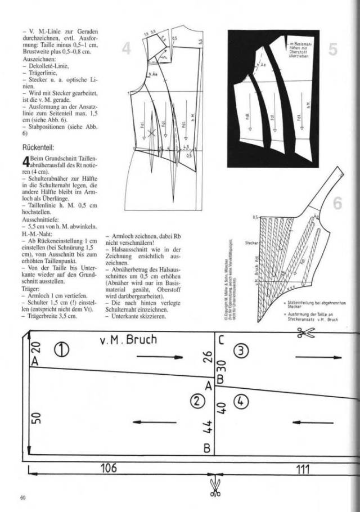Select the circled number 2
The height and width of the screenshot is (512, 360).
tap(196, 401)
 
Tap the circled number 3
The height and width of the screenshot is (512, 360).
tap(241, 350)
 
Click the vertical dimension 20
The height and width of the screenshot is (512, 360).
tap(34, 349)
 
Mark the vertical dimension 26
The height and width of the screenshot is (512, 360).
tap(208, 357)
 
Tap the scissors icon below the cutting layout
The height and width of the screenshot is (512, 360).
tap(214, 487)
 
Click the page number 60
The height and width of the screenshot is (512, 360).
tap(22, 497)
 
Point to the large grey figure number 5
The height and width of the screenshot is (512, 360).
tap(332, 50)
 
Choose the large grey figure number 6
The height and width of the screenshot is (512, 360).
tap(337, 203)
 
